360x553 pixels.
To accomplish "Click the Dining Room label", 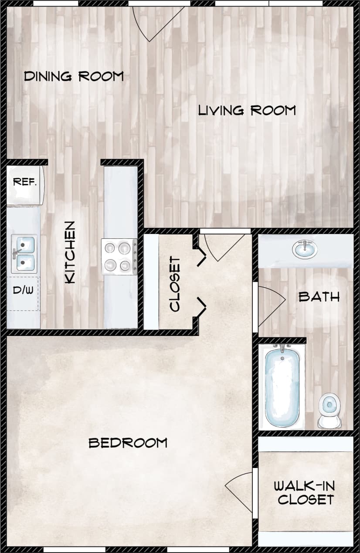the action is pos(74,77).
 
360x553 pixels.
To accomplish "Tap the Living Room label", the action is pos(247,110).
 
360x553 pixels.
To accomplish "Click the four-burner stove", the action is pos(119,257).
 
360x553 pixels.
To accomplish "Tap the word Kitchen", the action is pos(70,253).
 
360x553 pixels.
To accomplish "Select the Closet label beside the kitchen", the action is pos(175,284).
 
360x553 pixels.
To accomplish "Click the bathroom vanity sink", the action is pos(305,250).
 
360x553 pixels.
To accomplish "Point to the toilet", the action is pos(329,410).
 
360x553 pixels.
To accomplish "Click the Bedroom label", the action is pos(128,443).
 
